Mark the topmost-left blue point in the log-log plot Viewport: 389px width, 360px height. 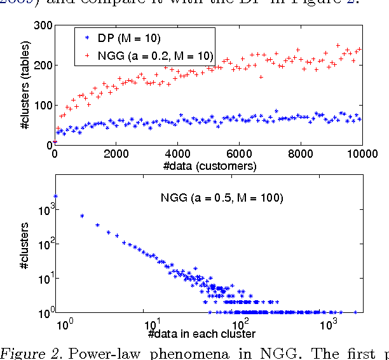click(x=55, y=197)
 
